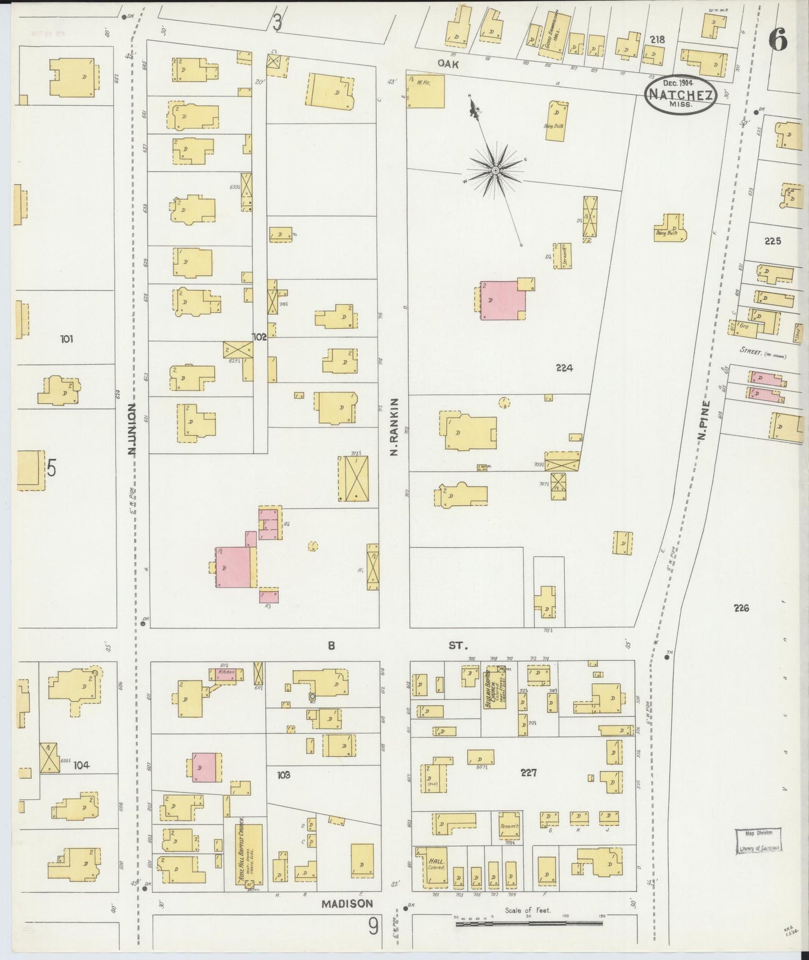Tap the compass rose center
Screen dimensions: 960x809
coord(495,169)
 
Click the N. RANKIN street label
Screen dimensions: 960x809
coord(394,426)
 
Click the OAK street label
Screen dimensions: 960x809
coord(448,64)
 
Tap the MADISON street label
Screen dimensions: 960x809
coord(347,903)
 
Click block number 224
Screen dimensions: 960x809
coord(564,368)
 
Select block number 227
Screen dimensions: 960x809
coord(528,773)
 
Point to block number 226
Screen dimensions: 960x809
coord(740,608)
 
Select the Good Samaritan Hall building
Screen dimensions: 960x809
coord(555,35)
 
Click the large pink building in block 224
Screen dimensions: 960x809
coord(502,300)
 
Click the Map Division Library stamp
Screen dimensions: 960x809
coord(757,841)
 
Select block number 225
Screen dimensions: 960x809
coord(772,241)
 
